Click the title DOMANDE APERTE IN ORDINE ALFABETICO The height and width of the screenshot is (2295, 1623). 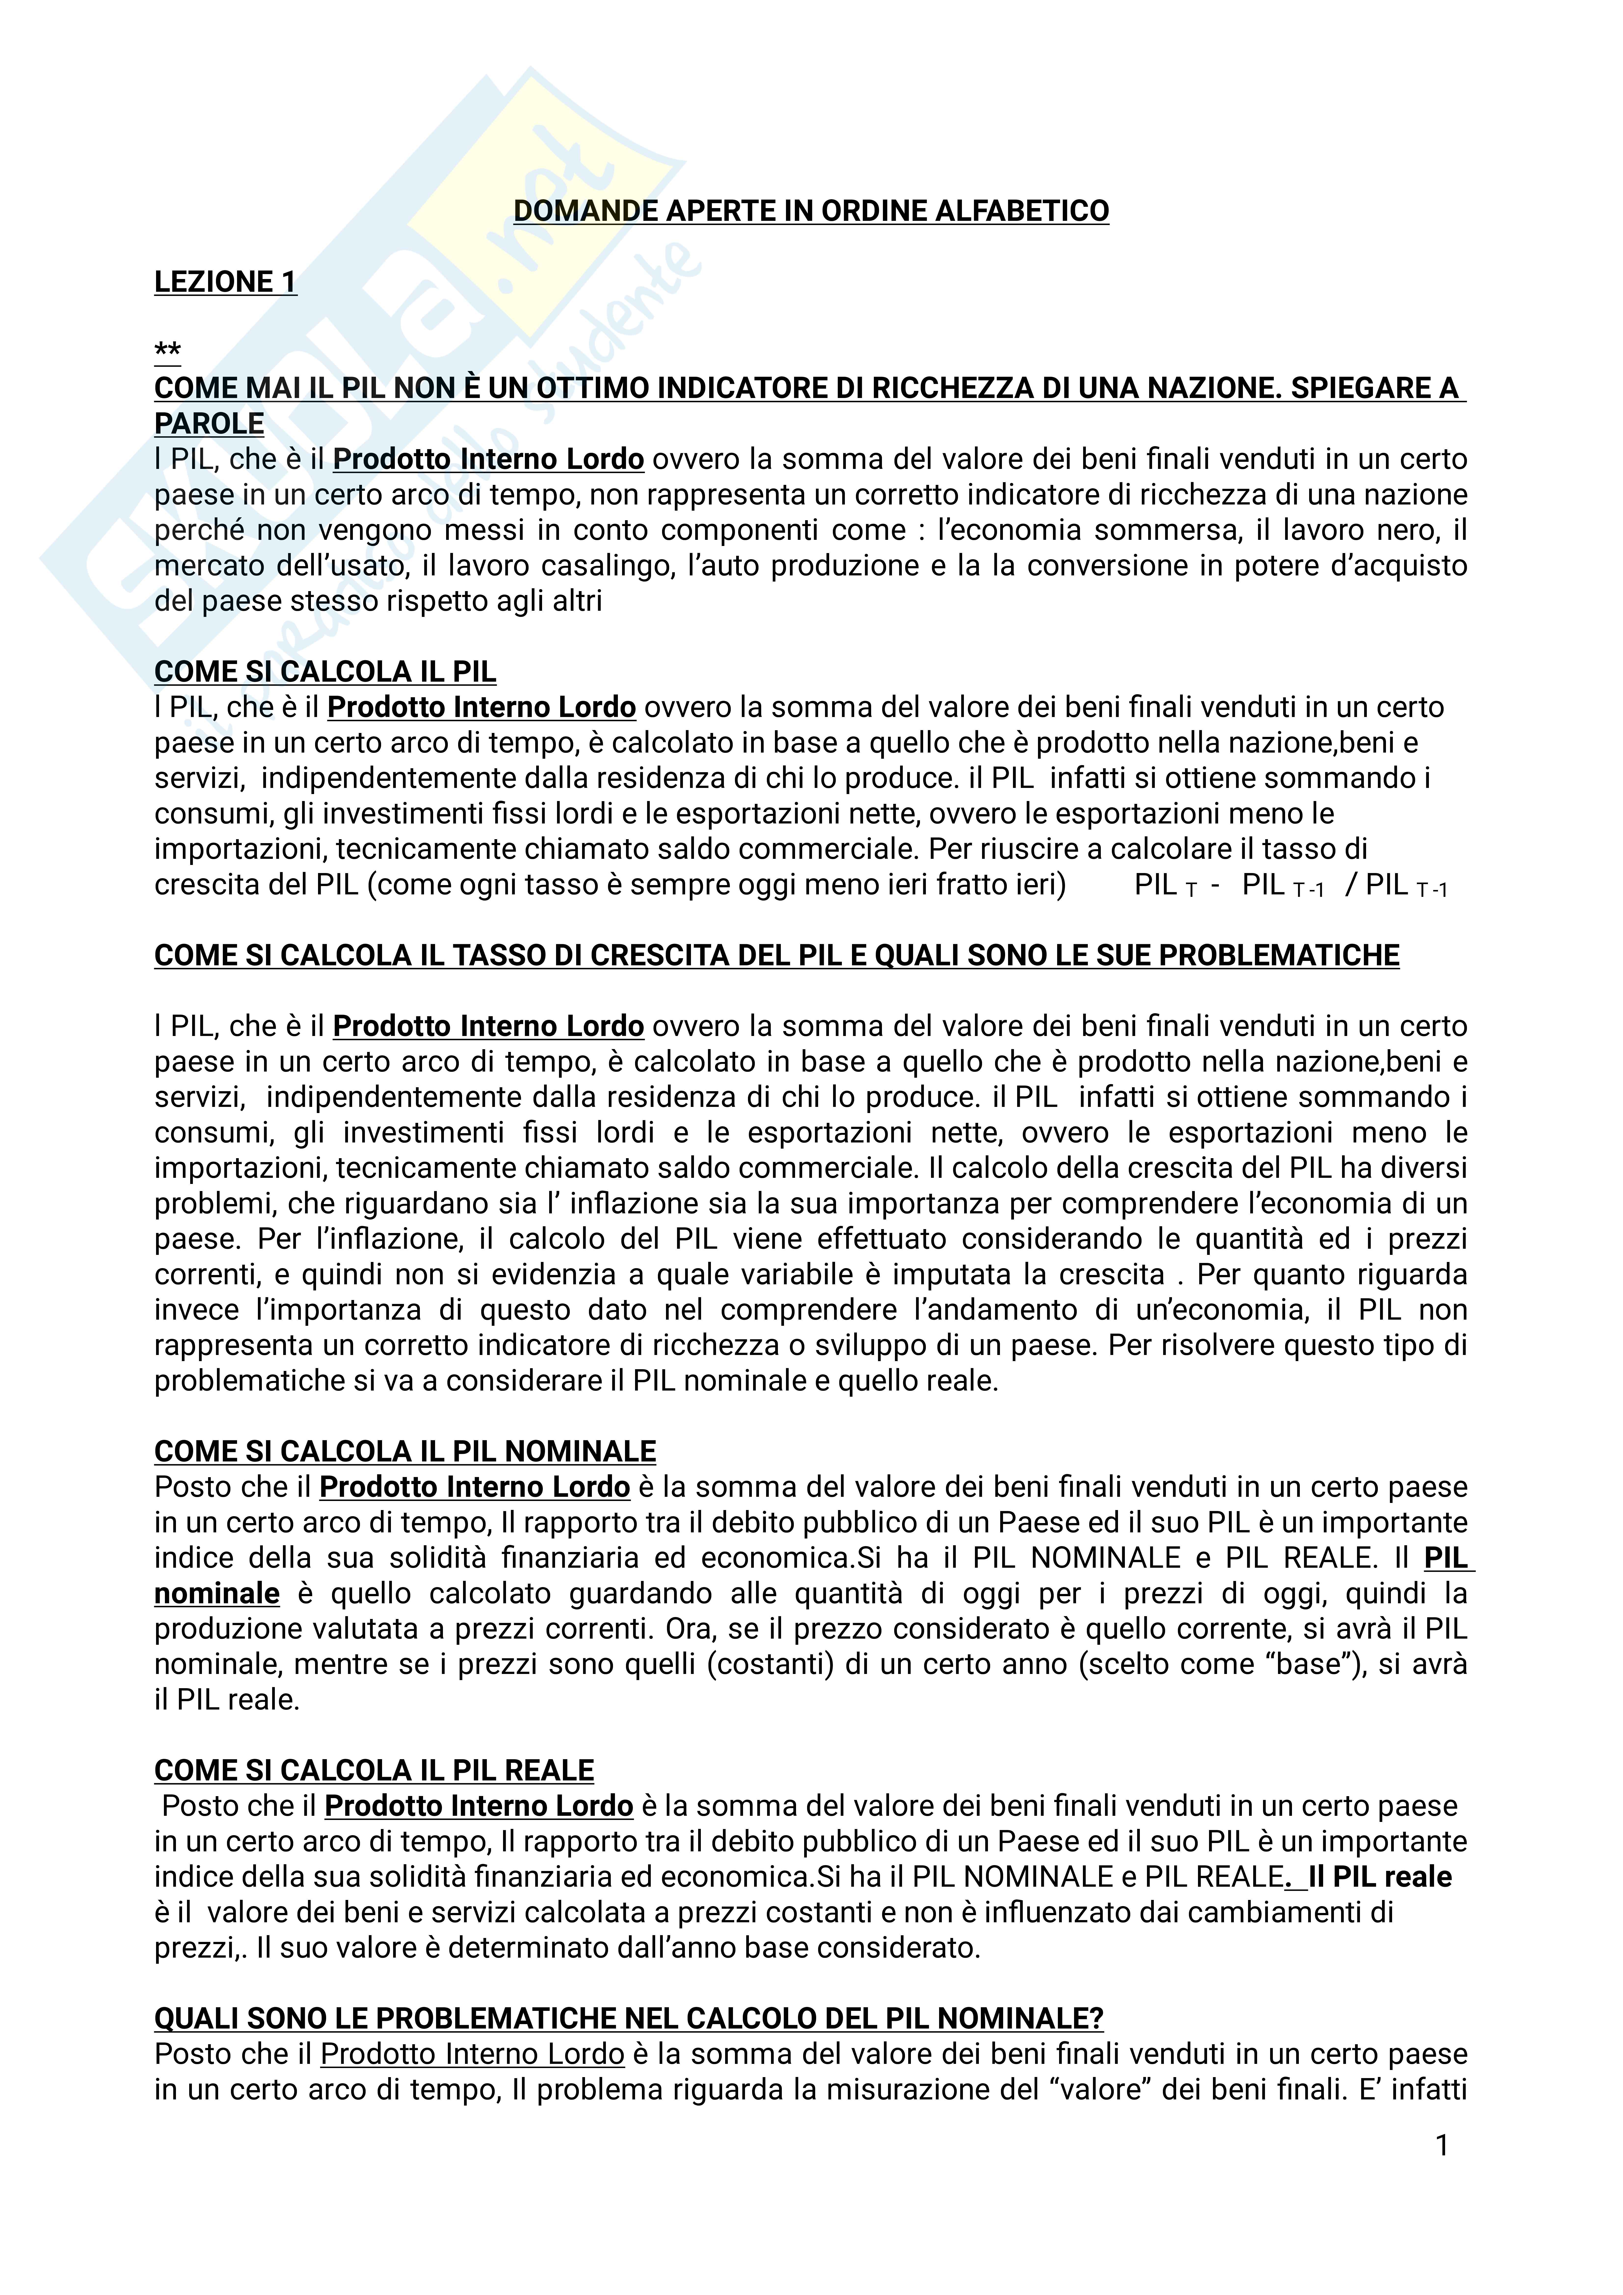pos(811,211)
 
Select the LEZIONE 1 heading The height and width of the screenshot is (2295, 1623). pos(225,282)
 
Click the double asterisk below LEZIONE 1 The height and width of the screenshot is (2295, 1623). pos(167,352)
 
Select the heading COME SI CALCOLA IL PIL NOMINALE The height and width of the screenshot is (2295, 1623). pos(405,1451)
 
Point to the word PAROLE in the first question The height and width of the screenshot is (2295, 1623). pos(209,424)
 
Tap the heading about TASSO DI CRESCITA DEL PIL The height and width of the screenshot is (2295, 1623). pos(776,955)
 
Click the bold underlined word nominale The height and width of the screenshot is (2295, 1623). pos(217,1593)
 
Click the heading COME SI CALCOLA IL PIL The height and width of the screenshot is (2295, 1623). pos(325,672)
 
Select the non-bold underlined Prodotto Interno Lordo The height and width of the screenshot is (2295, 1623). pos(473,2054)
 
